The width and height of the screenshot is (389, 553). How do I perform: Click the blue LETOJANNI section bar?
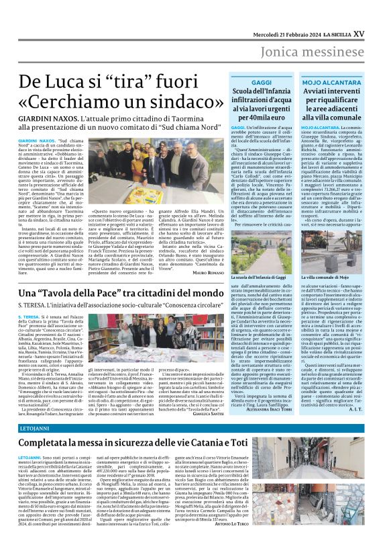coord(194,428)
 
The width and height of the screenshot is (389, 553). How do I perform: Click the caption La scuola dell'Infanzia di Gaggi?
coord(258,257)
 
